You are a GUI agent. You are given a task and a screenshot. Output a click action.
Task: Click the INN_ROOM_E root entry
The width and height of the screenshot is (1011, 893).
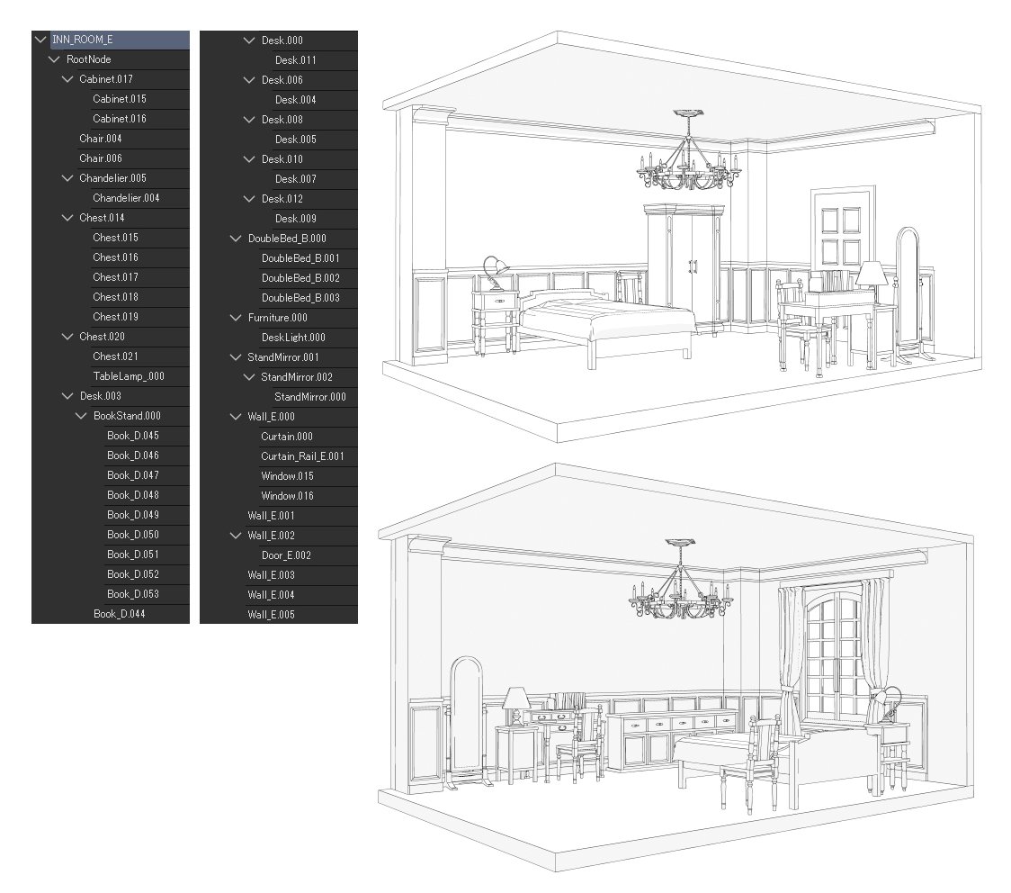pyautogui.click(x=83, y=40)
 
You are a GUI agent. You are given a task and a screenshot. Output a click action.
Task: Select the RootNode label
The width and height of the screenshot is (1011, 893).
pyautogui.click(x=89, y=59)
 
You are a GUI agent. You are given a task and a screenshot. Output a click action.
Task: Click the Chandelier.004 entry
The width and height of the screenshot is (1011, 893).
pyautogui.click(x=126, y=198)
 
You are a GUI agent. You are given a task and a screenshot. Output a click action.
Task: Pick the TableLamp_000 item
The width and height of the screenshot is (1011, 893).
pyautogui.click(x=129, y=376)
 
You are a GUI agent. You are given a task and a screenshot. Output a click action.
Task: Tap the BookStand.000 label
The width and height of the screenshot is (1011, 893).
pyautogui.click(x=127, y=416)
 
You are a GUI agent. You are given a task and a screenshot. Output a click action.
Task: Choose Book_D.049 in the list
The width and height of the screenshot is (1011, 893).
pyautogui.click(x=133, y=515)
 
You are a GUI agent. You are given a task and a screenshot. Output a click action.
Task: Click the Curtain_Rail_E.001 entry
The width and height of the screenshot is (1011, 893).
pyautogui.click(x=302, y=456)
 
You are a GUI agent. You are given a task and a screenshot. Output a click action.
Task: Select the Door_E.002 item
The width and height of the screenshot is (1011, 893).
pyautogui.click(x=286, y=555)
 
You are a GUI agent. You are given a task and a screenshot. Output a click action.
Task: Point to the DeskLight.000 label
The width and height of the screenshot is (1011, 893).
pyautogui.click(x=293, y=338)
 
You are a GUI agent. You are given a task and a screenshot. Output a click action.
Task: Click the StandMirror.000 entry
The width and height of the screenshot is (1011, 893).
pyautogui.click(x=310, y=397)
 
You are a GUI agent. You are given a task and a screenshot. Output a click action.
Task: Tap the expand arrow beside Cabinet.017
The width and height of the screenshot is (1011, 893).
pyautogui.click(x=67, y=79)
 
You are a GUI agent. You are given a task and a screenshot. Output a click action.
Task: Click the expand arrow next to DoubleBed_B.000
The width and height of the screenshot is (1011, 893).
pyautogui.click(x=237, y=239)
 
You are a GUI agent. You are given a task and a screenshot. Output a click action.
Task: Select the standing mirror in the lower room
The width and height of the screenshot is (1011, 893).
pyautogui.click(x=465, y=720)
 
